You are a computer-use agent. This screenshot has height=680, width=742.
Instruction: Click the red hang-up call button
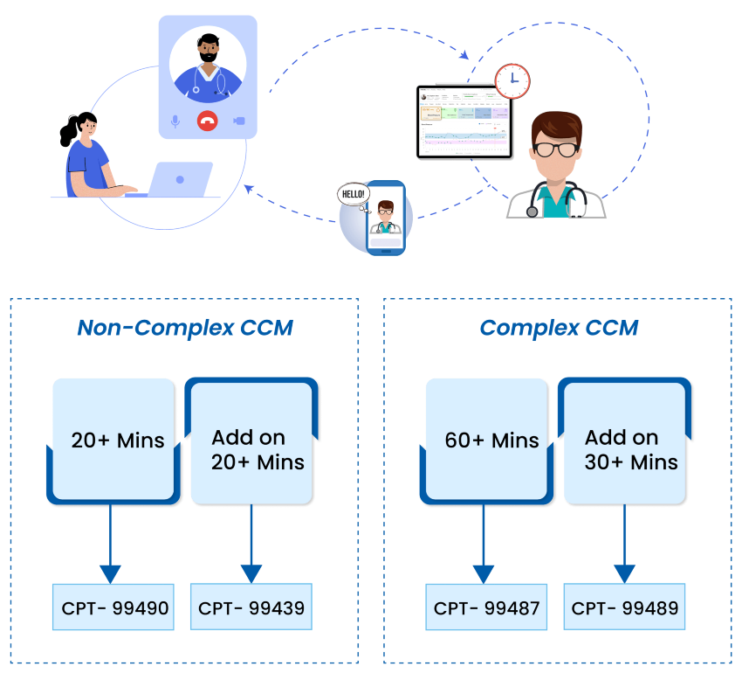coord(207,121)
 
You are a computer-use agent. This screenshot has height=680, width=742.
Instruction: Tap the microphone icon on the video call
coord(175,121)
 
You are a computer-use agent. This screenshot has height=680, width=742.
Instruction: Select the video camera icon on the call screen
coord(238,121)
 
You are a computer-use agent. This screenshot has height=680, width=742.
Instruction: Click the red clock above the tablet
coord(512,81)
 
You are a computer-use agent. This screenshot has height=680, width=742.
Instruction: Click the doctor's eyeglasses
coord(555,149)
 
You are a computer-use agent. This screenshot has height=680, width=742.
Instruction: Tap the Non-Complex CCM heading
coord(184,328)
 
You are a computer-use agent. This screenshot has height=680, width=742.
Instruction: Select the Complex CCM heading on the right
coord(559,328)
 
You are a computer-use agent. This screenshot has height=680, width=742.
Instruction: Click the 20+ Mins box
coord(118,440)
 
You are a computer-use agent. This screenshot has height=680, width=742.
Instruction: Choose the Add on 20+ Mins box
coord(252,448)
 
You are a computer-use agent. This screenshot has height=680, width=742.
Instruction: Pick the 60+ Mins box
coord(491,440)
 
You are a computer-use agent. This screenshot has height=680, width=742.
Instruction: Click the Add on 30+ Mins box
coord(626,448)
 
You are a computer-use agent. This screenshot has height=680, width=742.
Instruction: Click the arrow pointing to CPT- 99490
coord(110,545)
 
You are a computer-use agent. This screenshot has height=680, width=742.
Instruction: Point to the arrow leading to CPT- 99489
coord(624,545)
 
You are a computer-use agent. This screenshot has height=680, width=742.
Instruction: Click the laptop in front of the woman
coord(180,179)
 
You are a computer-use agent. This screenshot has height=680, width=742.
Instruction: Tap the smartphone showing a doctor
coord(385,218)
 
